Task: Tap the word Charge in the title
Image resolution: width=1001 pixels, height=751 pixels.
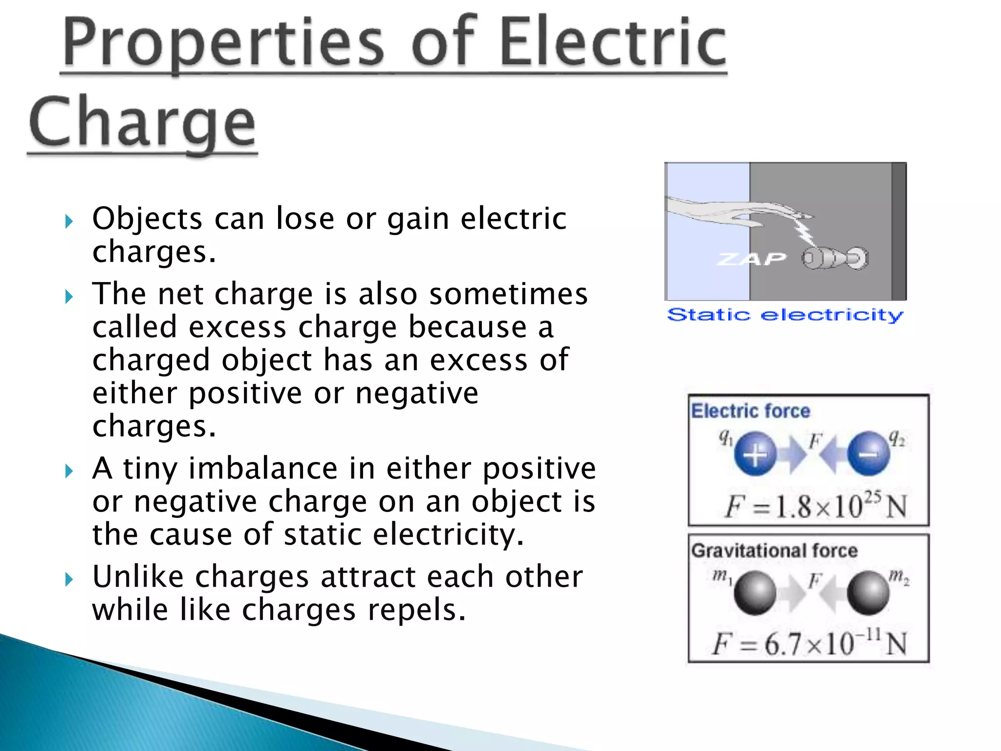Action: (142, 122)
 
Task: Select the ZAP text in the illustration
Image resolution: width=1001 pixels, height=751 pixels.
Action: (751, 259)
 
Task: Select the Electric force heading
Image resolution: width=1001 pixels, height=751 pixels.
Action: (750, 411)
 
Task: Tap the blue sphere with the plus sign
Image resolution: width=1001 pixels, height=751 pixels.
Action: (755, 454)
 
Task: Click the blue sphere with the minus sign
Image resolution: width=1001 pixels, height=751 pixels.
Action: (868, 454)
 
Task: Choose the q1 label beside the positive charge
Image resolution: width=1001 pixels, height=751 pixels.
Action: (725, 437)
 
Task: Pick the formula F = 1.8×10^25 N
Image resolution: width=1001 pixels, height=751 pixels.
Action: (815, 506)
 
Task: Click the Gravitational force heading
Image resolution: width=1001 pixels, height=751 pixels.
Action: (774, 551)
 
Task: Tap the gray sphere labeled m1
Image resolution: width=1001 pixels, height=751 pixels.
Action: (755, 593)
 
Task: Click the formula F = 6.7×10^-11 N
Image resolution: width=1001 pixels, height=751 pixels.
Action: (809, 643)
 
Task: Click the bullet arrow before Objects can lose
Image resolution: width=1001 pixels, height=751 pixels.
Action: (69, 221)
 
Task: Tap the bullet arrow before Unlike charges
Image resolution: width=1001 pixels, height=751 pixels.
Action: (69, 580)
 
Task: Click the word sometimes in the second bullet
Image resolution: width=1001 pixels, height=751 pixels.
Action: (508, 294)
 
